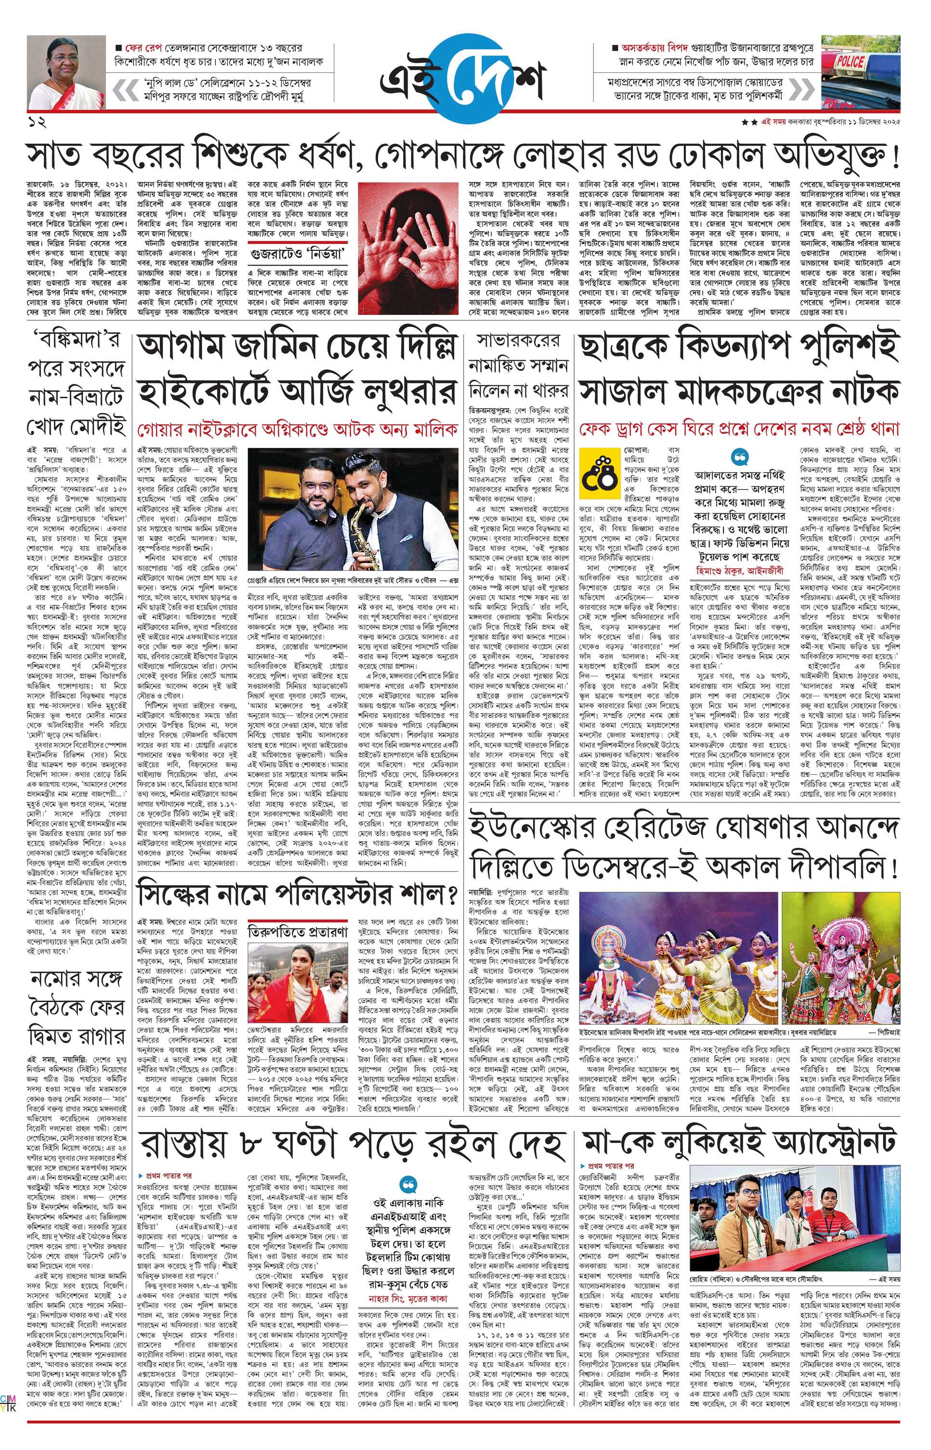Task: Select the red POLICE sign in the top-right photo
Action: (851, 61)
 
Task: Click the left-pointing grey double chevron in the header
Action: (126, 90)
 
